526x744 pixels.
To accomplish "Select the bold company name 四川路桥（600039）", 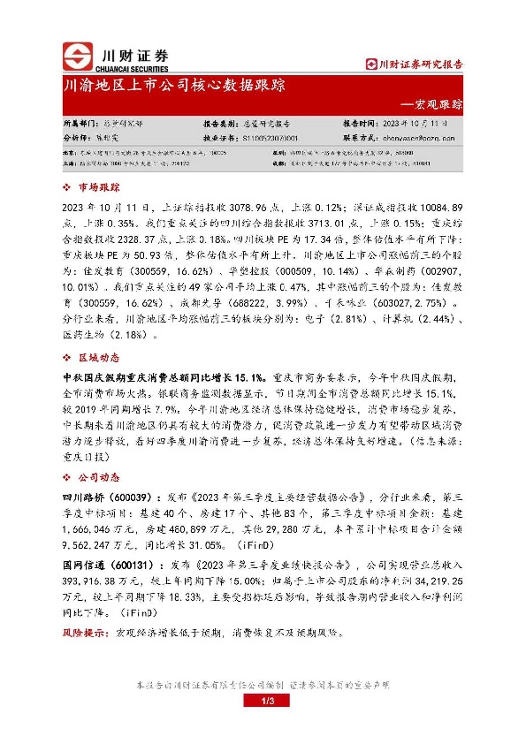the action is pos(107,497).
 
